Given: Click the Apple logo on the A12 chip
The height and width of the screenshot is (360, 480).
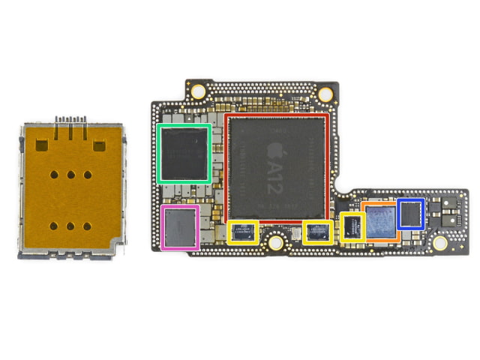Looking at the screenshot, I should click(269, 152).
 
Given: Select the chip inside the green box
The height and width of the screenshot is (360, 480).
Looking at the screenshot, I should click(184, 154).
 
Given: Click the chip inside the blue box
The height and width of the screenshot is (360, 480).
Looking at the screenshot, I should click(411, 214).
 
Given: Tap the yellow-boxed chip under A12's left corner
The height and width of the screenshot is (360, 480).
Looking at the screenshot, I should click(242, 232).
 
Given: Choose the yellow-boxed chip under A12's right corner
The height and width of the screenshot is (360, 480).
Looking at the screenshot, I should click(318, 232).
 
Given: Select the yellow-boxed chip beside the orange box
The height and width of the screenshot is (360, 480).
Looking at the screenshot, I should click(352, 226).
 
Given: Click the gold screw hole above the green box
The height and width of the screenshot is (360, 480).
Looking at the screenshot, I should click(198, 92).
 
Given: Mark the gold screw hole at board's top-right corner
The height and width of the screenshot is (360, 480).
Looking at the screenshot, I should click(325, 95).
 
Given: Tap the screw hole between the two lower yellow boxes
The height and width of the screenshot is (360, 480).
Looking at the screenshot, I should click(276, 243).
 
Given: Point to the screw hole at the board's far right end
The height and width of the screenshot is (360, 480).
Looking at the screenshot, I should click(440, 243).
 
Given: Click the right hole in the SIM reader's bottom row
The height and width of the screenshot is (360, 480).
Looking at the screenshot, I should click(88, 226).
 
